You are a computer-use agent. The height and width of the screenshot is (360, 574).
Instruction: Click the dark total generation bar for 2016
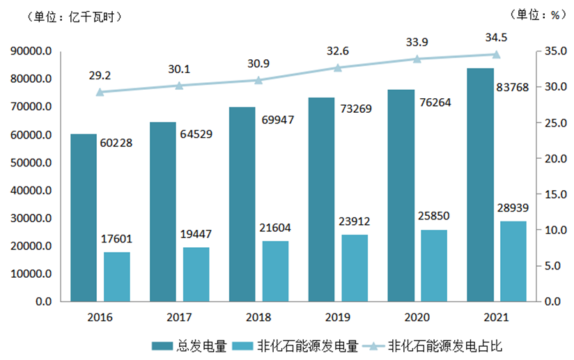(84, 217)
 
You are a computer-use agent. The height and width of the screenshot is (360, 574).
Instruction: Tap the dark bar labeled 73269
(322, 199)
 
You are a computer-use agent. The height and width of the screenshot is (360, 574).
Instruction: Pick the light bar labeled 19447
(196, 274)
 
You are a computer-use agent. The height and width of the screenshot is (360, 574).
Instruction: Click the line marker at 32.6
(338, 68)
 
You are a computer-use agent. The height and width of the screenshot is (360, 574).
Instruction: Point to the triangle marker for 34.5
(497, 54)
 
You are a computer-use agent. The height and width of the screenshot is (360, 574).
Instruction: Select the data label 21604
(275, 228)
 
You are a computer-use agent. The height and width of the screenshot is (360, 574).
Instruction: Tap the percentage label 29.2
(101, 74)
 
